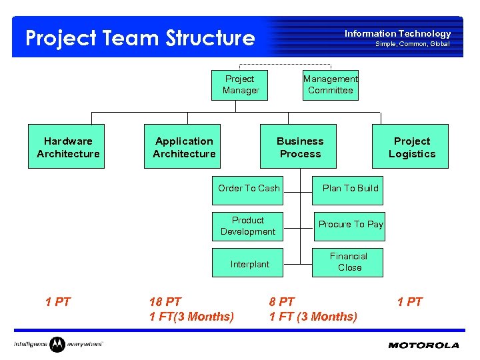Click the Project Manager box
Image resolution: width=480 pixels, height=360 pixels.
coord(240,85)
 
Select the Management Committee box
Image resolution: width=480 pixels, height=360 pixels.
coord(331,85)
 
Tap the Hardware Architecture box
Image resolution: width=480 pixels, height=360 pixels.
coord(67,147)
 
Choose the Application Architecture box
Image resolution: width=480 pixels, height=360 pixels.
coord(184,147)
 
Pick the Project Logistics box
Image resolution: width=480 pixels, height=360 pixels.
coord(411,147)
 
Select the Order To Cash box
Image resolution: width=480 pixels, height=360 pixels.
coord(248,189)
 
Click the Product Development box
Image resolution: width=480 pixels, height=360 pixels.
coord(248,226)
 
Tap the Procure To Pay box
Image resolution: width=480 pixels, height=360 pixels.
coord(349,225)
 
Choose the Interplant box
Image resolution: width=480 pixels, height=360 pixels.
coord(249,264)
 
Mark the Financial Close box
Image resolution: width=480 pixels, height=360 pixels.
coord(349,262)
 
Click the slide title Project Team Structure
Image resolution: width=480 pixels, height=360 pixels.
coord(140,38)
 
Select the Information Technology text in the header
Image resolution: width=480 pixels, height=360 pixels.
coord(397,33)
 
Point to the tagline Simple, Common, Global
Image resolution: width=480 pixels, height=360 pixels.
coord(412,44)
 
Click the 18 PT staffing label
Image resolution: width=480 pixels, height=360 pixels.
coord(165,302)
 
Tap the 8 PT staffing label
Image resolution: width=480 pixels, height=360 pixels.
coord(282,302)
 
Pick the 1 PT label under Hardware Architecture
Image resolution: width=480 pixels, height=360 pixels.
coord(58,302)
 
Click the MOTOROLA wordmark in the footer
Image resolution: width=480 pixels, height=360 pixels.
coord(423,345)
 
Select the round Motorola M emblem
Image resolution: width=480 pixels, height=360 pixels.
coord(58,344)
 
